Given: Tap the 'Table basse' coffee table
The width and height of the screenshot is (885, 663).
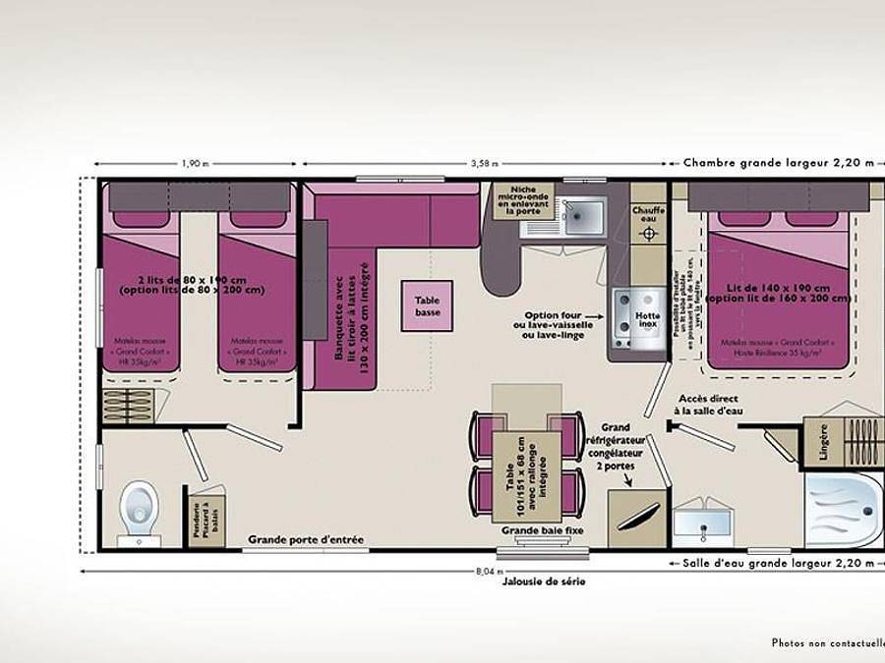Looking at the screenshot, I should click(x=427, y=306).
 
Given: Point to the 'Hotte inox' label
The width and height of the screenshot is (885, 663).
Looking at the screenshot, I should click(x=647, y=318).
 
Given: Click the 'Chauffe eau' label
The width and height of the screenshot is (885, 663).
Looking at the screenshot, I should click(x=648, y=213).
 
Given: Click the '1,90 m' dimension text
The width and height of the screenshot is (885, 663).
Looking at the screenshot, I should click(x=195, y=164).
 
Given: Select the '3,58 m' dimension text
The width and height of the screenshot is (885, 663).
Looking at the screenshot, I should click(x=484, y=164).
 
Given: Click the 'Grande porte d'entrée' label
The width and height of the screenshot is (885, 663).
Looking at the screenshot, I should click(x=306, y=539).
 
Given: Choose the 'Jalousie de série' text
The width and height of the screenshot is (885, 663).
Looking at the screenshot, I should click(x=542, y=581).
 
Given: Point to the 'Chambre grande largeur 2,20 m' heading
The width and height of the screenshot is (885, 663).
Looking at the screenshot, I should click(x=778, y=163).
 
